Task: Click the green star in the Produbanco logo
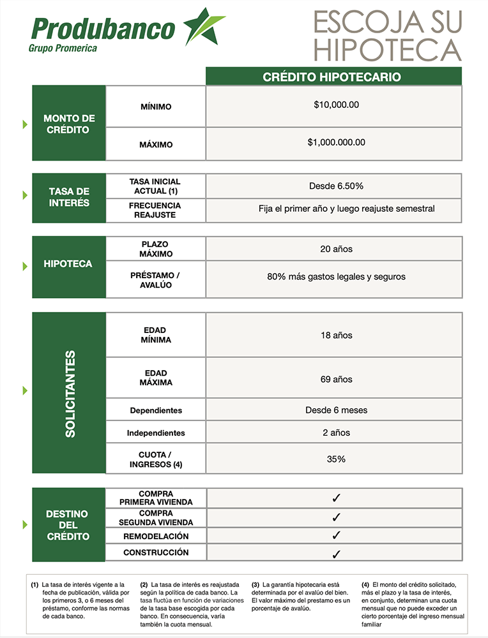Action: point(204,27)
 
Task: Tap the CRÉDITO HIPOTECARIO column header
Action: point(332,77)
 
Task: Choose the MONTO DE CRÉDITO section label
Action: point(69,124)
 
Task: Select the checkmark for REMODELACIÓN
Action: point(337,536)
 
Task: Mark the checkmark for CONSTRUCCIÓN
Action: point(337,554)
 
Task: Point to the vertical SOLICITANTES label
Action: point(70,393)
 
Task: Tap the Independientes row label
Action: point(156,433)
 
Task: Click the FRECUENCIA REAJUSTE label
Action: point(155,211)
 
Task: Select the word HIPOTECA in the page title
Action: point(387,49)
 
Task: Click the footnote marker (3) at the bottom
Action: point(255,584)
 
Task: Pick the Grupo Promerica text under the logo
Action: point(63,48)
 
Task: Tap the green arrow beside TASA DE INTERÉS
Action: point(26,195)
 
